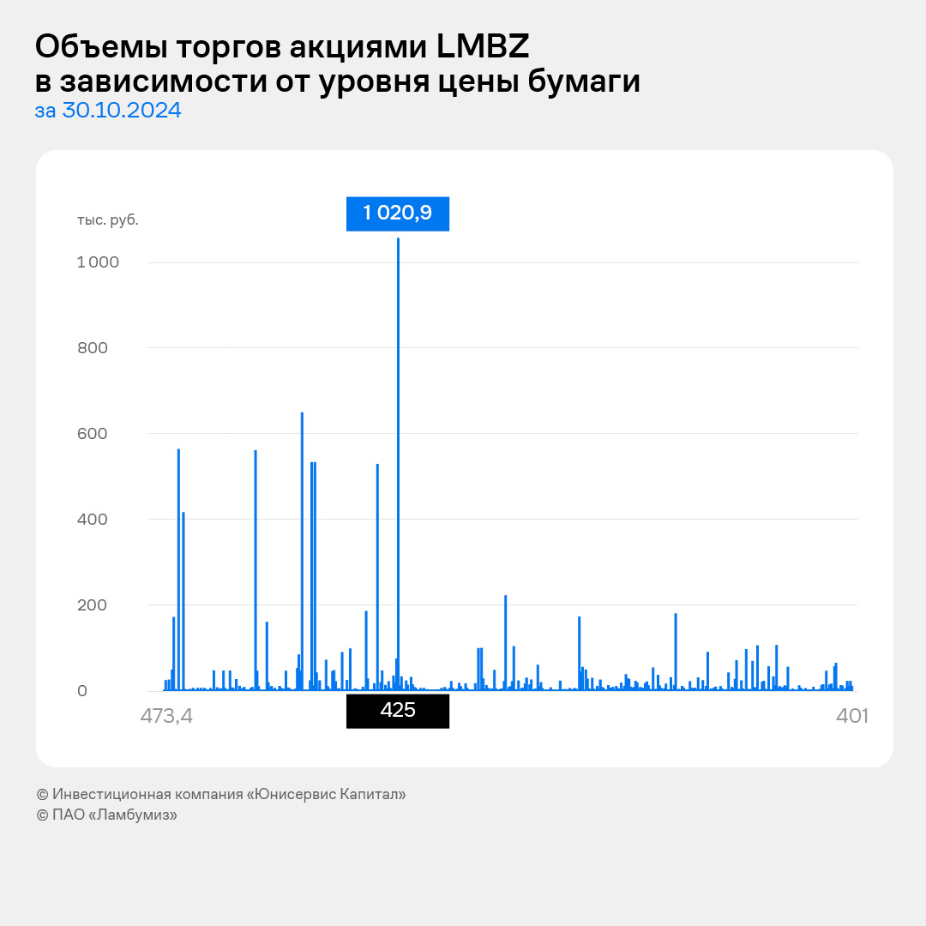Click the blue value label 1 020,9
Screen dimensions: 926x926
click(x=397, y=213)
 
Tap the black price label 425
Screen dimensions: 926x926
click(x=397, y=711)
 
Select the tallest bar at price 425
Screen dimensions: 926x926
click(x=399, y=463)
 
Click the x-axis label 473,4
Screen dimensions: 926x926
click(x=166, y=716)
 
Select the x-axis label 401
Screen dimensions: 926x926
click(x=852, y=716)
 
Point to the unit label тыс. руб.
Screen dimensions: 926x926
click(x=107, y=219)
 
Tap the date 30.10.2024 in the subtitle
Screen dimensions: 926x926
click(x=122, y=111)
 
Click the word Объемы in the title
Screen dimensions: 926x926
click(x=92, y=46)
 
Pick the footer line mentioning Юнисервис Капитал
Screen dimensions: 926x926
click(x=221, y=794)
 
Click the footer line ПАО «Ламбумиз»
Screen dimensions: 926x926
click(x=107, y=815)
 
